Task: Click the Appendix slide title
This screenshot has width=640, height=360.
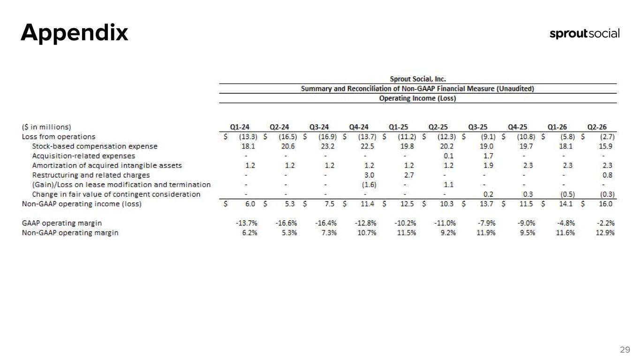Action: point(74,33)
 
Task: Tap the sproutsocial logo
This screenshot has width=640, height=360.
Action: point(585,34)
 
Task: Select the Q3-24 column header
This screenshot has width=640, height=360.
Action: point(319,127)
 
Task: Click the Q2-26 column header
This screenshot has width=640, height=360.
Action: point(597,127)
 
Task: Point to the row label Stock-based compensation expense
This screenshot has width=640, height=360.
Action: point(95,146)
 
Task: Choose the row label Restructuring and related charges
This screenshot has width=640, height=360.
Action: point(91,175)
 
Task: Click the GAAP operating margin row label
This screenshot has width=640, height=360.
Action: point(62,223)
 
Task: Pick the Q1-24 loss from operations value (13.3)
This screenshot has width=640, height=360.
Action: point(248,137)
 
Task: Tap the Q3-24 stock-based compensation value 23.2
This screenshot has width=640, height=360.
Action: point(327,146)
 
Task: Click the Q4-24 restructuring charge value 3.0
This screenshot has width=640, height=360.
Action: point(369,175)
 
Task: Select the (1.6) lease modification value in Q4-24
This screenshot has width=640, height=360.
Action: point(369,185)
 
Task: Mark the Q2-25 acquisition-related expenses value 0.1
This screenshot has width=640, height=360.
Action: point(449,156)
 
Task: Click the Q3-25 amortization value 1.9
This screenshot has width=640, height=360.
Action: point(488,166)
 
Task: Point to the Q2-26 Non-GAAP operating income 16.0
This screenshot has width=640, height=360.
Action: point(606,204)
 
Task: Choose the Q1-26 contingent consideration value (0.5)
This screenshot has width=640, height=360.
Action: point(567,195)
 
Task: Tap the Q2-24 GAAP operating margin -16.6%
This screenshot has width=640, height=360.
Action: point(286,223)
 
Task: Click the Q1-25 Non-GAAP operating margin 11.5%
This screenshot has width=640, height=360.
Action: point(407,233)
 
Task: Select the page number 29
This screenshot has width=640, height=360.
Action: point(625,350)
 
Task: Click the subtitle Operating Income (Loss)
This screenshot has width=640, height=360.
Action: point(417,98)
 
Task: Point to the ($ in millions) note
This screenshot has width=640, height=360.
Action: point(46,127)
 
